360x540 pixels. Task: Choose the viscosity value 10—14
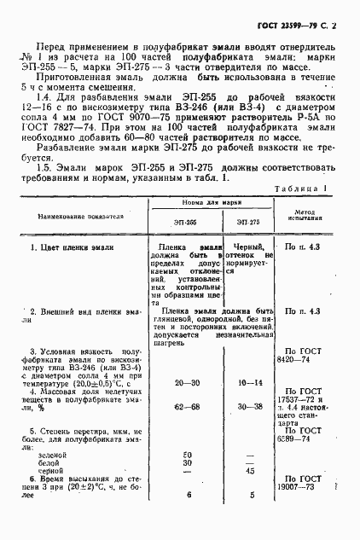(251, 384)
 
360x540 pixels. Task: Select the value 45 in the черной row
(251, 470)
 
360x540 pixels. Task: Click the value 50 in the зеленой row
(187, 453)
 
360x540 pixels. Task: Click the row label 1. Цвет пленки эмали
(73, 247)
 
